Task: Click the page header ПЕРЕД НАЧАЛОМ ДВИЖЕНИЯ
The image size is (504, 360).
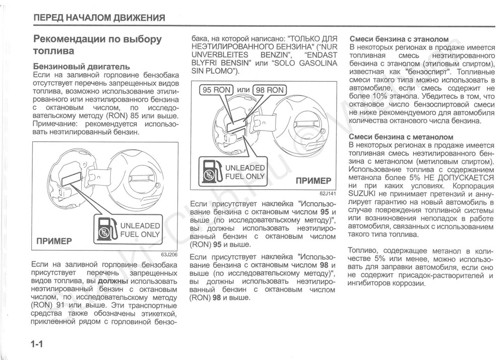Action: (99, 18)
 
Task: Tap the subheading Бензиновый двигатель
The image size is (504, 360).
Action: (81, 66)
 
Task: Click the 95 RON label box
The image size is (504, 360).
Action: (217, 90)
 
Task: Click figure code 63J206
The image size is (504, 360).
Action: (170, 254)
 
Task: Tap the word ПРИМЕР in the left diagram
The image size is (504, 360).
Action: (54, 241)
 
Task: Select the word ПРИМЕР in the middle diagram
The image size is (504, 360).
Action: (313, 181)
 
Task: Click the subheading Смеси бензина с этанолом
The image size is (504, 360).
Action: (399, 39)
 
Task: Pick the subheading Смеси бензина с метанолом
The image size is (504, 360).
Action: (401, 137)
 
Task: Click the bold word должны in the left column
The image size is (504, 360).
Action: (112, 281)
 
